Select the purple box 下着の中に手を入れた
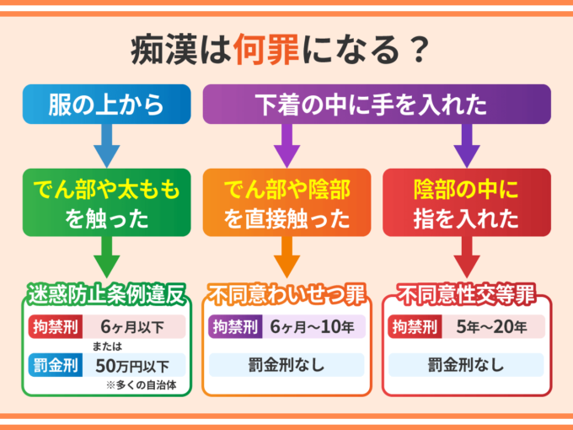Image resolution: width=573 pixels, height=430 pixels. tap(377, 105)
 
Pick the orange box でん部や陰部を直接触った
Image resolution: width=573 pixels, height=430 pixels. tap(287, 202)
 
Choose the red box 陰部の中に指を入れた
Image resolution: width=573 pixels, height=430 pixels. tap(467, 202)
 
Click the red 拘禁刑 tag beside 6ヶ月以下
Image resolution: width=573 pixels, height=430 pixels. tap(51, 327)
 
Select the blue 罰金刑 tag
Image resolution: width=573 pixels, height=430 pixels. tap(51, 365)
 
